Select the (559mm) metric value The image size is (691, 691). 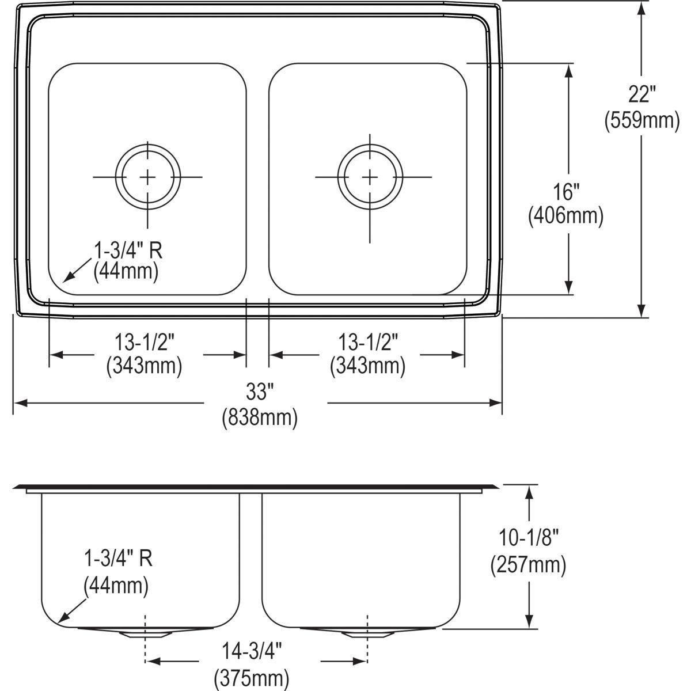(641, 121)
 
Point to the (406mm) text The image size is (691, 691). (565, 216)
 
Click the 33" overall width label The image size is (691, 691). (259, 393)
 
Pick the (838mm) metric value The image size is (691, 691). (260, 418)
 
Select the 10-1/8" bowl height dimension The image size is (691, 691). (528, 538)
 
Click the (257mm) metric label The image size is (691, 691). (528, 565)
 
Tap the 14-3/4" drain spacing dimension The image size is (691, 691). (252, 652)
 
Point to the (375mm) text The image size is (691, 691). (252, 678)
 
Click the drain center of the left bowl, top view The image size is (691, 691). (147, 177)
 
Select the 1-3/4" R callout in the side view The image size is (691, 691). (118, 559)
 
